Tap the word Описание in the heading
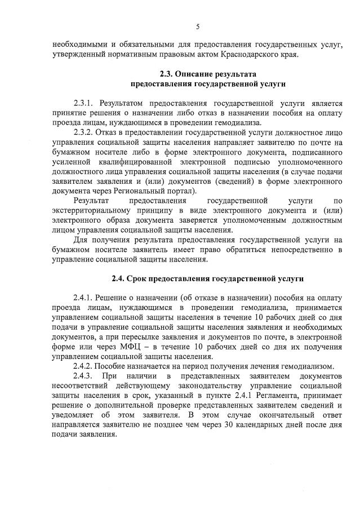(x=197, y=74)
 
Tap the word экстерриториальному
(x=87, y=210)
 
